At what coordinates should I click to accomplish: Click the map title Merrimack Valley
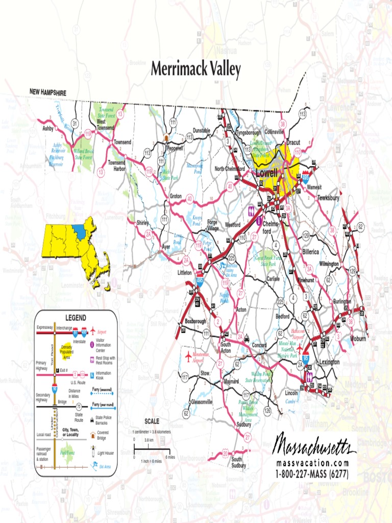coord(195,70)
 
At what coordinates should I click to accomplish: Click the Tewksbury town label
coord(328,197)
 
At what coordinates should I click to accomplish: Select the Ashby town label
coord(48,129)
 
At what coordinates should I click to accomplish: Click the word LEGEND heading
coord(76,317)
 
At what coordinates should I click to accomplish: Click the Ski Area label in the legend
coord(105,467)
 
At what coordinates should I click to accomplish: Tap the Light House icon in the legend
coord(93,451)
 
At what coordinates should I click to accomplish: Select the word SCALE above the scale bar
coord(152,421)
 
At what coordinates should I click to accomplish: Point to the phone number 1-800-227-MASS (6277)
coord(312,473)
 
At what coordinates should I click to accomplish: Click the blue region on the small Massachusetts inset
coord(79,230)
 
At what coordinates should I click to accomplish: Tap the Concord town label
coord(259,345)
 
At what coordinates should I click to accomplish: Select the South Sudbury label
coord(238,462)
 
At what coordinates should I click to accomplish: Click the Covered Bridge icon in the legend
coord(93,435)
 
